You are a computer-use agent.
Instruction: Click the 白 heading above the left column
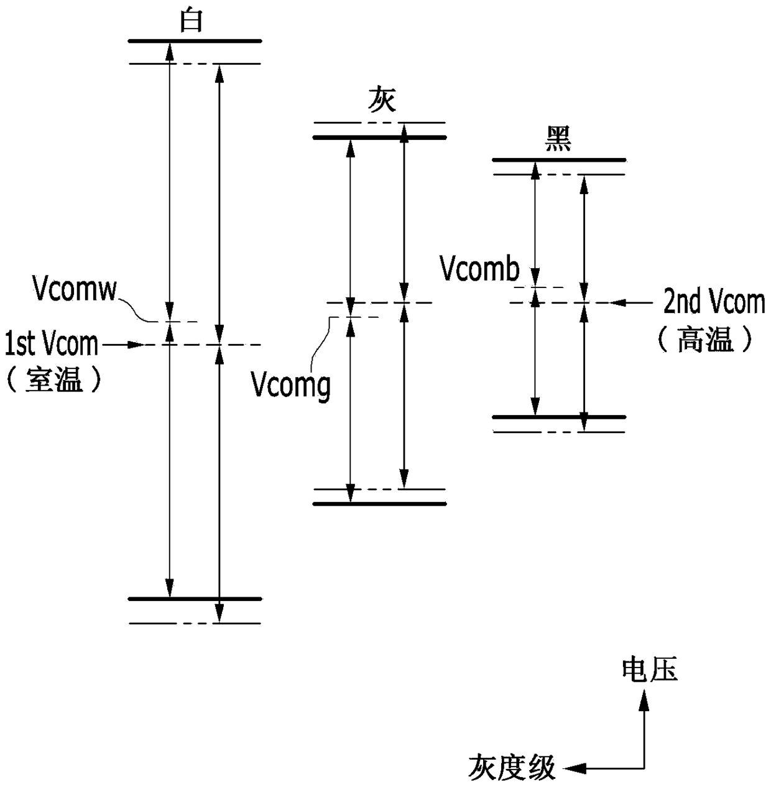[x=191, y=21]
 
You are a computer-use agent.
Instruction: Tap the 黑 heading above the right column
[x=558, y=139]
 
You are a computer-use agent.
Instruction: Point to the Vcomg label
[x=292, y=386]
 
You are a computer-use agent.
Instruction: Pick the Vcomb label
[x=479, y=269]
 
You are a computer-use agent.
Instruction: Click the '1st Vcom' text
[x=52, y=344]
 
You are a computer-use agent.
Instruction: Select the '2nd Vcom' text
[x=714, y=302]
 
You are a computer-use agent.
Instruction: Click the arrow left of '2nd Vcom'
[x=631, y=302]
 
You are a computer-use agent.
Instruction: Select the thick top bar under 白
[x=195, y=41]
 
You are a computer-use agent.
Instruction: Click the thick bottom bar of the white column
[x=195, y=598]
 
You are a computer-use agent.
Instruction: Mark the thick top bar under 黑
[x=559, y=160]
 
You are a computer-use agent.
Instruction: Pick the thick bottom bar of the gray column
[x=380, y=503]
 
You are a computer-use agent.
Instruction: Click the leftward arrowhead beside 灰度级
[x=574, y=768]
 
